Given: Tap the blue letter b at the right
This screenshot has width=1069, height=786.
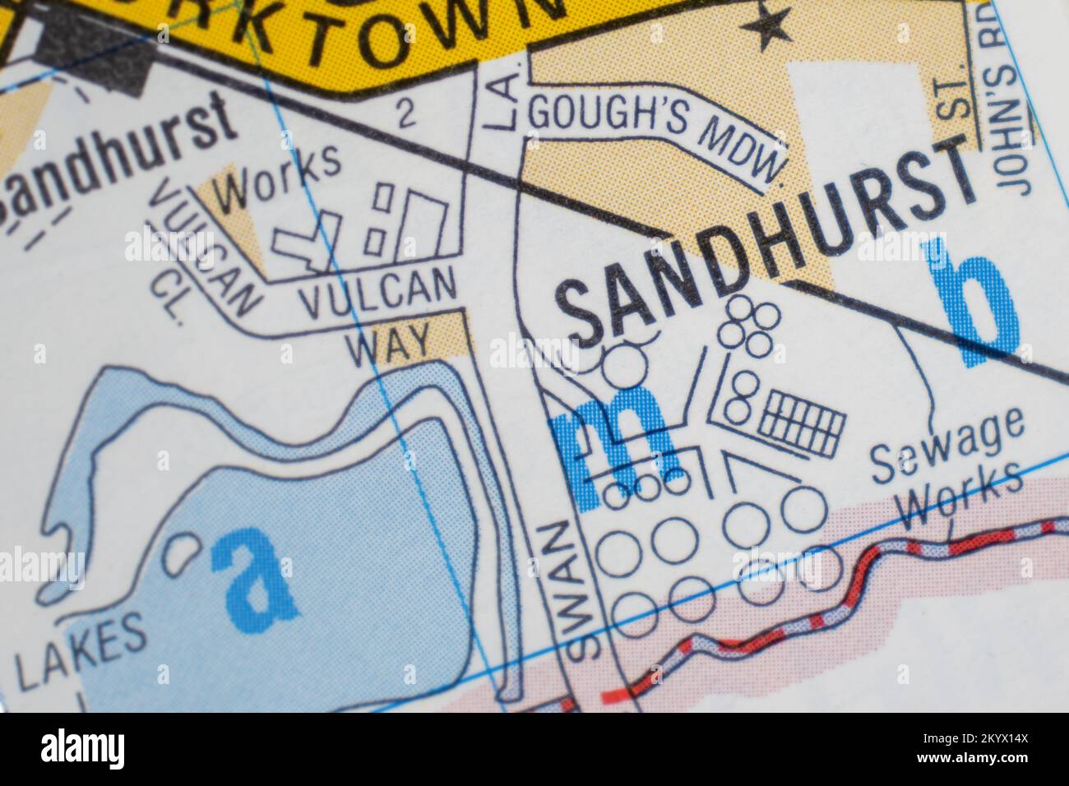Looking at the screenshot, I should point(975,304).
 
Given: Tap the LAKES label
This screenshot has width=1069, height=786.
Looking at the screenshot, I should point(80,653).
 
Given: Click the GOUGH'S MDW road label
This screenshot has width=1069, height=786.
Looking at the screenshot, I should point(654,140).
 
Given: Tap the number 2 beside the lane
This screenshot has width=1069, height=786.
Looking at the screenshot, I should point(404,113).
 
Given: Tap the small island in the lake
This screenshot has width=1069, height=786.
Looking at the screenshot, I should point(182,553).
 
